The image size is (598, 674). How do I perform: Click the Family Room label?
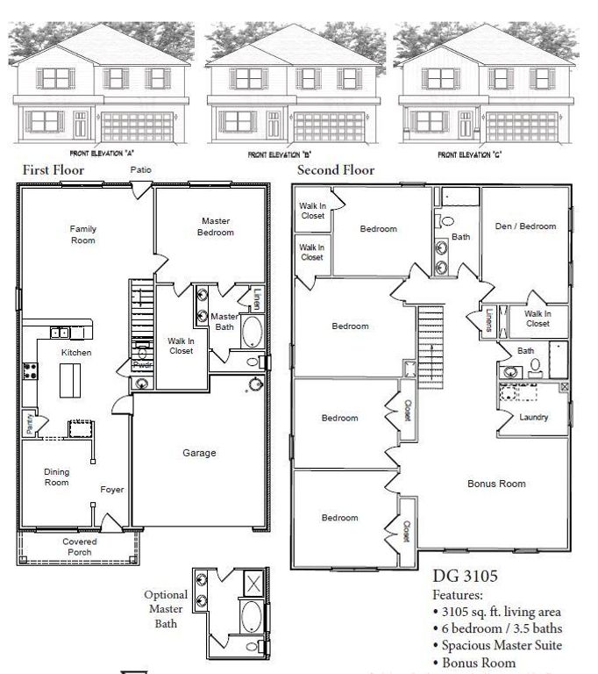click(83, 234)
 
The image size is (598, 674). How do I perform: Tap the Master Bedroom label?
click(217, 226)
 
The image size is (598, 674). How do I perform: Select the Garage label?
click(199, 453)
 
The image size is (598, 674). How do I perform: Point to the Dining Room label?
click(57, 477)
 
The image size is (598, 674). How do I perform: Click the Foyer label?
click(111, 490)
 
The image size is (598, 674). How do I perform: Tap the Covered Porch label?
click(79, 547)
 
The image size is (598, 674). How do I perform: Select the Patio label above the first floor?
click(140, 169)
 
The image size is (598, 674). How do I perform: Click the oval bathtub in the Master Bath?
click(252, 333)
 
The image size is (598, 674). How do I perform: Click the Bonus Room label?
click(496, 484)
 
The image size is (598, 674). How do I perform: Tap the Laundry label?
click(533, 417)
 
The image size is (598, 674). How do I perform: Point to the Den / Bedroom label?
click(525, 226)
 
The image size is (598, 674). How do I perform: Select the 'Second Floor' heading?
click(335, 170)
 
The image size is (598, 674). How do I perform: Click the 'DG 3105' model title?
click(466, 577)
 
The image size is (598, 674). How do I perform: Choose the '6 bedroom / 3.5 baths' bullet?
click(500, 628)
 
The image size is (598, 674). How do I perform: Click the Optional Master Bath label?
click(166, 609)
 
